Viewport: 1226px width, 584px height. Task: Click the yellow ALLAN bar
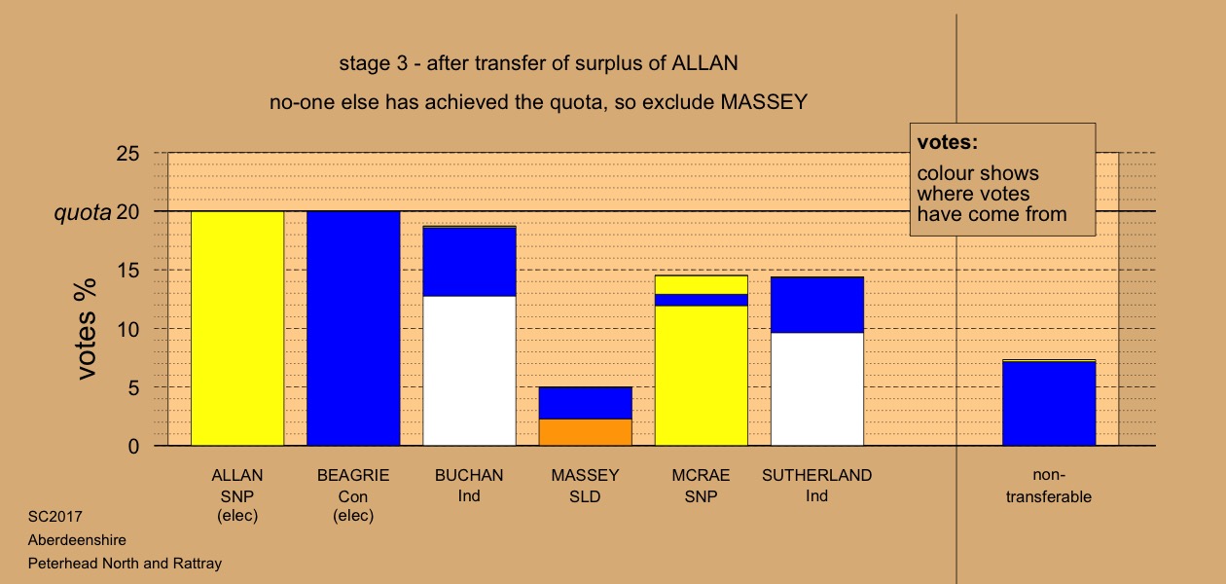click(237, 328)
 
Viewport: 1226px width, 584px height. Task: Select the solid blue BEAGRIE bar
click(353, 328)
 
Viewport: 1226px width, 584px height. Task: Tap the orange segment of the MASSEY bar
click(586, 432)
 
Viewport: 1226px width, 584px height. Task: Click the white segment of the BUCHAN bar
click(470, 371)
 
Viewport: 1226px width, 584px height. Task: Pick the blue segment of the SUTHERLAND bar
click(817, 305)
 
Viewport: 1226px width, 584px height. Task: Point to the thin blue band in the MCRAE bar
click(702, 300)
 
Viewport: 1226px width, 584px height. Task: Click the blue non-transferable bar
click(1049, 403)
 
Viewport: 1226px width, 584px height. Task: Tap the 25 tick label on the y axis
click(127, 154)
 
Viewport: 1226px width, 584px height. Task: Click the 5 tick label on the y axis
click(133, 388)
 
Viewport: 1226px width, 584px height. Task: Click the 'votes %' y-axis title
click(86, 329)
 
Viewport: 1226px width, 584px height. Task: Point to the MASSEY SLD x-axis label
click(585, 486)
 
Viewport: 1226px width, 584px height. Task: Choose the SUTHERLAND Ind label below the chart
click(816, 485)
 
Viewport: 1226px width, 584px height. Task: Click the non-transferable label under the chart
click(1049, 486)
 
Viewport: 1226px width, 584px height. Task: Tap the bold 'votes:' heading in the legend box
click(948, 142)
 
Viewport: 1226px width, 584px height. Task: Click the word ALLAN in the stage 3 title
click(704, 63)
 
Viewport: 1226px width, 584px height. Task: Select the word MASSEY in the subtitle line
click(764, 102)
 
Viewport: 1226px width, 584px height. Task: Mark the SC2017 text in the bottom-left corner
click(55, 517)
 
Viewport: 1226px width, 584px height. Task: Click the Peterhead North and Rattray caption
click(125, 564)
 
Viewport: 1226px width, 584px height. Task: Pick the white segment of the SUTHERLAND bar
click(817, 389)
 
